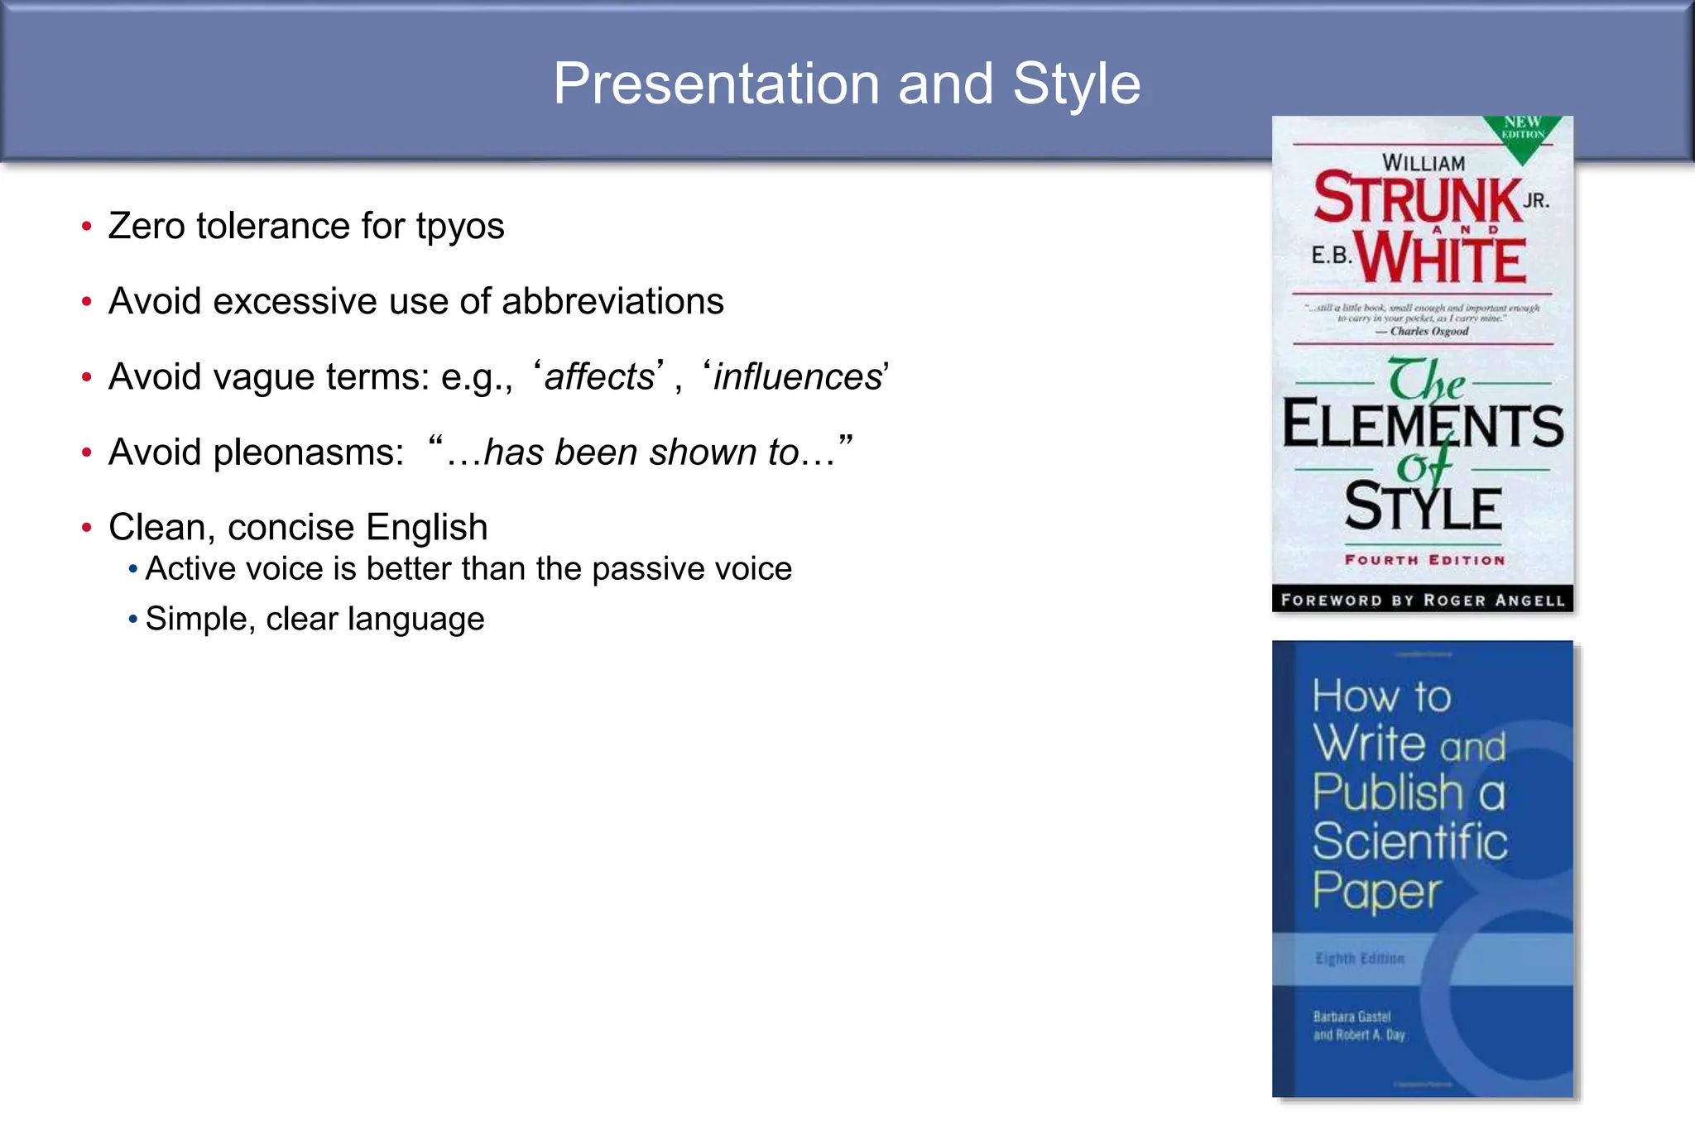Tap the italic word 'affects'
click(x=599, y=377)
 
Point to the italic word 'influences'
click(x=798, y=377)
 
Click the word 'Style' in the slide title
click(x=1076, y=84)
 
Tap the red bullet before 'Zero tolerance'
click(x=86, y=227)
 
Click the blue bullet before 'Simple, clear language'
click(x=132, y=619)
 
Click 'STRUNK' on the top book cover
click(x=1418, y=199)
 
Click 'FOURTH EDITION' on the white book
click(x=1424, y=560)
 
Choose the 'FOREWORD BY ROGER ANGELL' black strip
click(x=1423, y=600)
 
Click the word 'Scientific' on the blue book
click(x=1409, y=841)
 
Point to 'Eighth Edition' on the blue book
click(x=1360, y=959)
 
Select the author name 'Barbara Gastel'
click(x=1352, y=1017)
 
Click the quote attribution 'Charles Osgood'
click(x=1429, y=332)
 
